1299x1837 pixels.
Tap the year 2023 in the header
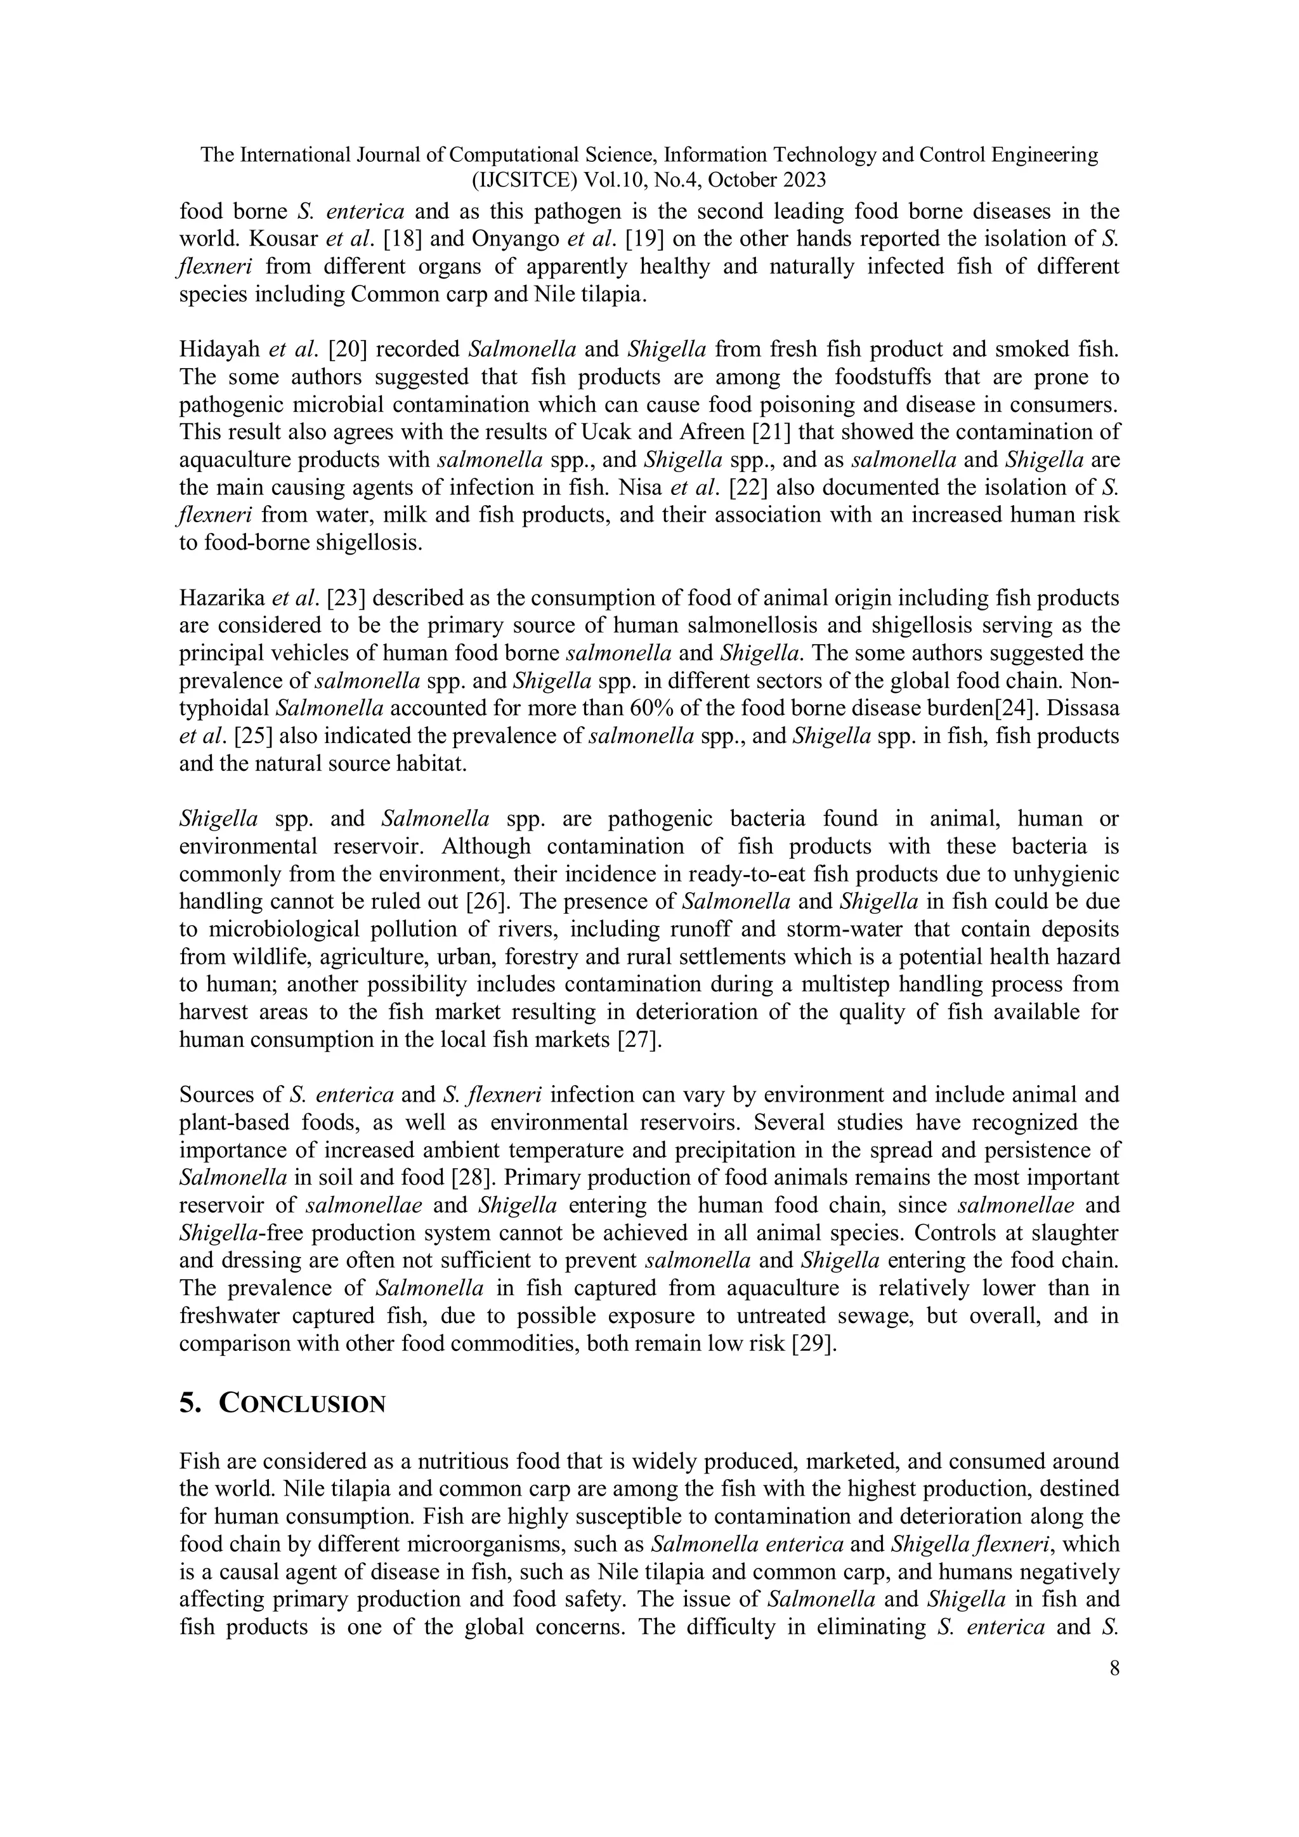click(x=799, y=180)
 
